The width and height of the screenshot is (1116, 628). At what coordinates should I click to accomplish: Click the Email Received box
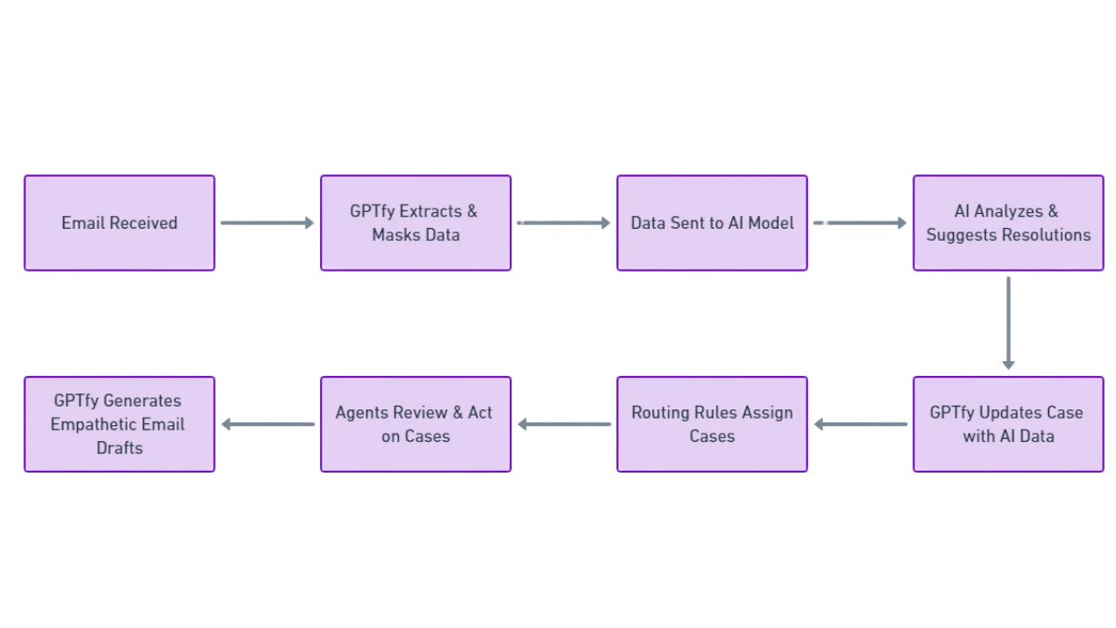[119, 223]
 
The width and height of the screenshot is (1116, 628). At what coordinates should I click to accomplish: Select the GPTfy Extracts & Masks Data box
[416, 223]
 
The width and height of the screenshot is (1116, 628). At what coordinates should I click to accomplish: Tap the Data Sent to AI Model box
[711, 223]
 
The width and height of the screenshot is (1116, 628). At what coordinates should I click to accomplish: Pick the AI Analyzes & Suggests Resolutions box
[1008, 223]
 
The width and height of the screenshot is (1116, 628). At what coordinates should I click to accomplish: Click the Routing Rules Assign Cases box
[711, 424]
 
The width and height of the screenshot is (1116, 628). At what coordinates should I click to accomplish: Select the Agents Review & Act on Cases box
[416, 424]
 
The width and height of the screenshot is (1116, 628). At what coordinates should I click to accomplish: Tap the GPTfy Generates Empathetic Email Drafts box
[119, 424]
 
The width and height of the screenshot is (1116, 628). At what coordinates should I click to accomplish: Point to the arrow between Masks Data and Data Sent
[564, 223]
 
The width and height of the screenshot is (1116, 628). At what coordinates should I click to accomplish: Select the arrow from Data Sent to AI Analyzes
[860, 223]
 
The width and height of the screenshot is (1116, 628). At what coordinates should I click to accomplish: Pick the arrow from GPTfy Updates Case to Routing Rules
[860, 424]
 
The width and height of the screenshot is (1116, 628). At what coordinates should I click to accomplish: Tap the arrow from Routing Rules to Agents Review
[564, 424]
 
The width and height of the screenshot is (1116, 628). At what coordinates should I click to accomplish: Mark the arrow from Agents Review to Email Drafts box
[268, 424]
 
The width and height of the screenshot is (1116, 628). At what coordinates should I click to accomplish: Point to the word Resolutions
[1044, 235]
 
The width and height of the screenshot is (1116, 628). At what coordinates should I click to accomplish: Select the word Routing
[660, 412]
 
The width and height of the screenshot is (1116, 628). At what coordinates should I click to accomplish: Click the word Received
[144, 223]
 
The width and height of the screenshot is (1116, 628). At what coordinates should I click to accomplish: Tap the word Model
[770, 223]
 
